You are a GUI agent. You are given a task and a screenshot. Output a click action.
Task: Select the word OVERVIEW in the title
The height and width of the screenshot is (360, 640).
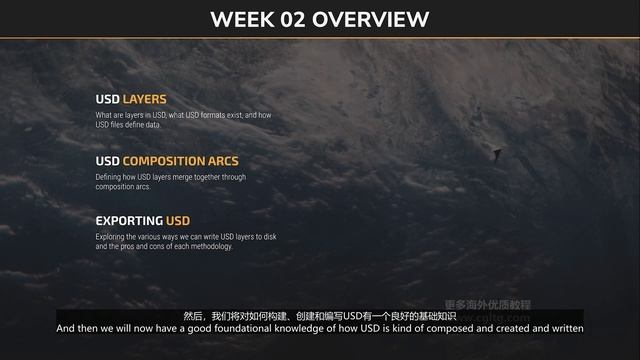[x=372, y=19]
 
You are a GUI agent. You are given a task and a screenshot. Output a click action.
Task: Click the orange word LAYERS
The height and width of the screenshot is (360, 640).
[x=144, y=100]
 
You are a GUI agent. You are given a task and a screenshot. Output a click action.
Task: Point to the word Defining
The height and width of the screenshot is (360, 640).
[x=109, y=177]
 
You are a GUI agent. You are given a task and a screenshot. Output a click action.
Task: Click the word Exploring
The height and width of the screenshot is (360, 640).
[x=110, y=237]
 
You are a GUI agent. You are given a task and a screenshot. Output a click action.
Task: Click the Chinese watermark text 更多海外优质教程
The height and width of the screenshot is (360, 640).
[x=487, y=304]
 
